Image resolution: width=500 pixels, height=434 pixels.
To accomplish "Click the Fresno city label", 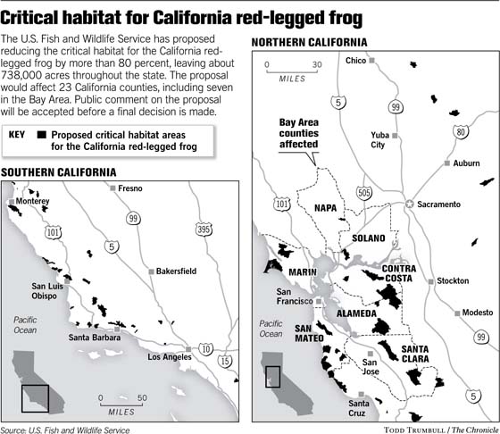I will (x=131, y=188).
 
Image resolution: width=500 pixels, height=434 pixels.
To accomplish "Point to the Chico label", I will (x=356, y=61).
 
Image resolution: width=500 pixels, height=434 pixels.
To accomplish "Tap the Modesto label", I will (x=476, y=313).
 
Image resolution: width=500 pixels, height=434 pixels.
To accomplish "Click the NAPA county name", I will (x=329, y=207).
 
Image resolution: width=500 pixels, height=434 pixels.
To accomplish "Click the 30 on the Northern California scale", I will (x=317, y=64).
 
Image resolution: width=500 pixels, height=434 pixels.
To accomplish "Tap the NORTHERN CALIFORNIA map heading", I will (x=309, y=43).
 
